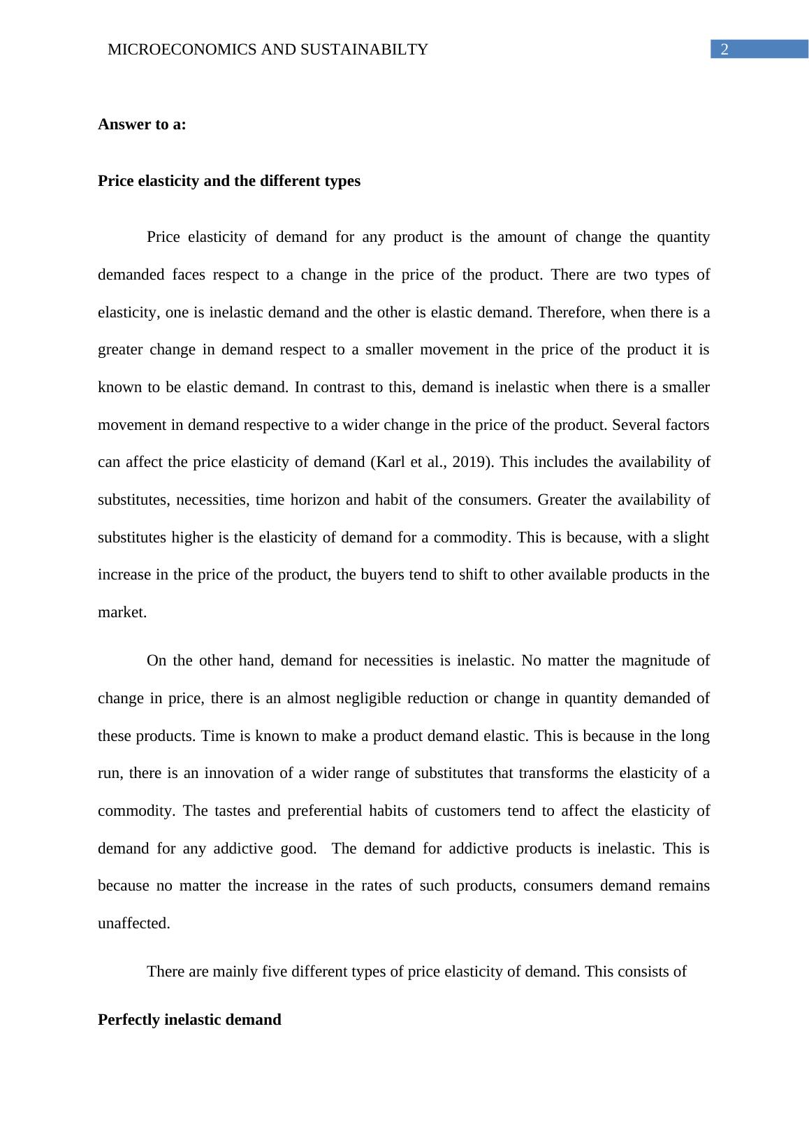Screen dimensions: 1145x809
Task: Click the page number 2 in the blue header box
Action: [724, 50]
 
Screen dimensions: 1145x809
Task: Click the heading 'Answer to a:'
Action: [142, 124]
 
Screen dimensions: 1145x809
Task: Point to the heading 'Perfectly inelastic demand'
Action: [189, 1020]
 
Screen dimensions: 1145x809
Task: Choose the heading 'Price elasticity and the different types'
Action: [229, 181]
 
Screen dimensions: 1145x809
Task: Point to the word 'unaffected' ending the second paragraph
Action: [132, 923]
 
